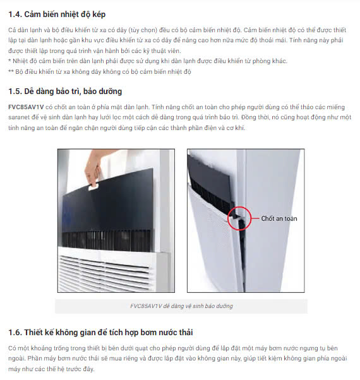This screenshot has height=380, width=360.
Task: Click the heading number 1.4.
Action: click(15, 15)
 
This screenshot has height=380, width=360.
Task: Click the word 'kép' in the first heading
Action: click(99, 15)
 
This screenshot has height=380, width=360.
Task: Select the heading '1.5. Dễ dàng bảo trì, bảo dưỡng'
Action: click(65, 92)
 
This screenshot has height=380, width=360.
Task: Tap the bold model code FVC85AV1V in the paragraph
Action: click(26, 107)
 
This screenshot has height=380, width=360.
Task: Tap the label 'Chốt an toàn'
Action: click(279, 218)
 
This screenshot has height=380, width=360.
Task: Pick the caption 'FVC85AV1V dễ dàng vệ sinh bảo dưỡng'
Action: click(181, 306)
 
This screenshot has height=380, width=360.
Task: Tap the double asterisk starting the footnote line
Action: click(11, 71)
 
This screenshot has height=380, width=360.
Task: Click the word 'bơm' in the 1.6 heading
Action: click(148, 332)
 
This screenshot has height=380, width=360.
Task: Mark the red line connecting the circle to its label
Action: click(255, 218)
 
